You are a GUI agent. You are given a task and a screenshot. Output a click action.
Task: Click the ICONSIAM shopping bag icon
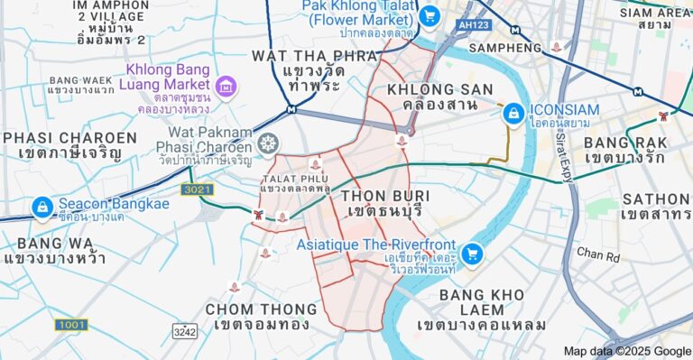point(513,113)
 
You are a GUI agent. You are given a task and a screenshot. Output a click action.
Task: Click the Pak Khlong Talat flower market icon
point(429,15)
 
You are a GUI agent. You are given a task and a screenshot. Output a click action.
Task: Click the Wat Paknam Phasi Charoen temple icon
point(268,143)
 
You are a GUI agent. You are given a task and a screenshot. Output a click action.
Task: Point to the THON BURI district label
point(385,204)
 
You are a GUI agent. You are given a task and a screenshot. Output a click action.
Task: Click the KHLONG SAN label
point(439,97)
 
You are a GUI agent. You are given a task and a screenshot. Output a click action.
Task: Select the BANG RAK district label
point(625,150)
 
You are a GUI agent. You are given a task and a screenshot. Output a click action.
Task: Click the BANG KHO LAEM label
point(481,309)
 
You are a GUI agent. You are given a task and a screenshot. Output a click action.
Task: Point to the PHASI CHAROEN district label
point(69,145)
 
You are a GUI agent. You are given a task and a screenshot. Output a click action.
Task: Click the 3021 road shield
point(196,189)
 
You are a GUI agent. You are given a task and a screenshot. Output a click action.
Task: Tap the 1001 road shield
point(70,324)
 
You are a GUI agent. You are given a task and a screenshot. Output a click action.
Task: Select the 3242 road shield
point(184,331)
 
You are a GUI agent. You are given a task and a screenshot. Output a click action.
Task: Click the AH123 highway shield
point(474,25)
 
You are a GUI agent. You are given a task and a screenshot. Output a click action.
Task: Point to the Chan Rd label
point(598,254)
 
